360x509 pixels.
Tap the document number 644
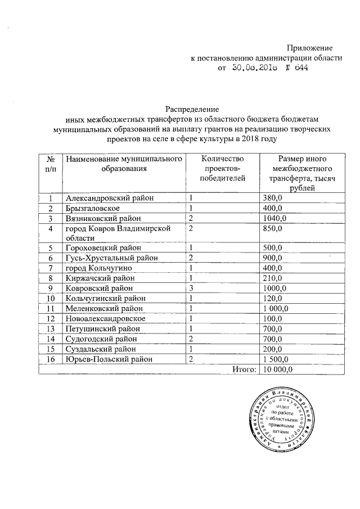coord(298,67)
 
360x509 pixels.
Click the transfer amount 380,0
coord(274,198)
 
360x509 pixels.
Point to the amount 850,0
coord(274,228)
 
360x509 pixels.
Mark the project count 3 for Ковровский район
coord(191,288)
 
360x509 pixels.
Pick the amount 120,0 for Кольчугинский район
coord(274,298)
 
